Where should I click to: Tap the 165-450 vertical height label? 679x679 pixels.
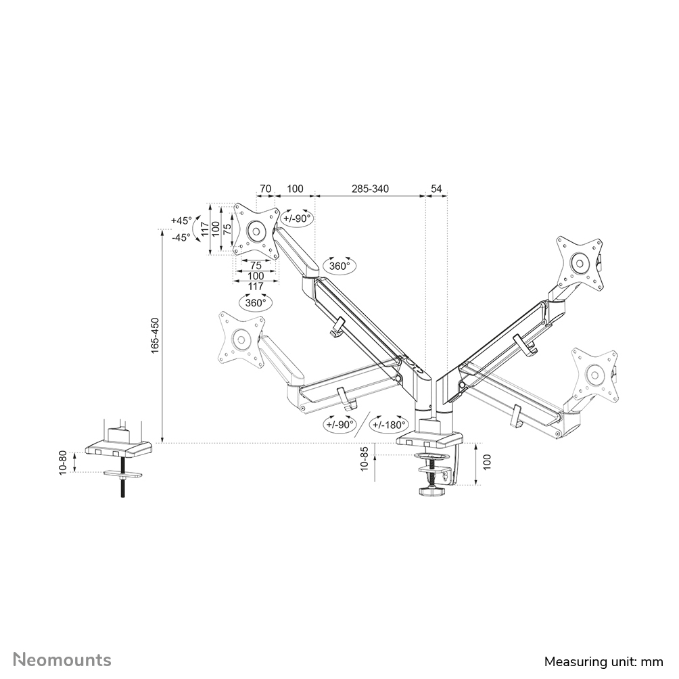tap(155, 335)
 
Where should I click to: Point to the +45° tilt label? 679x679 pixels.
tap(181, 221)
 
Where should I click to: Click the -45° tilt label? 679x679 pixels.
tap(181, 237)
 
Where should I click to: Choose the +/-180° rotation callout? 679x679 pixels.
tap(388, 425)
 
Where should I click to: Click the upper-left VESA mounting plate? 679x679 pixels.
tap(256, 231)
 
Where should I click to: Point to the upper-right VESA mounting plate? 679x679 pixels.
tap(580, 262)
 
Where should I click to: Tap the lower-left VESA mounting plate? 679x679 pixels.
tap(239, 337)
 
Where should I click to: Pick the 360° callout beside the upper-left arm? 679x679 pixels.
tap(339, 266)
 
